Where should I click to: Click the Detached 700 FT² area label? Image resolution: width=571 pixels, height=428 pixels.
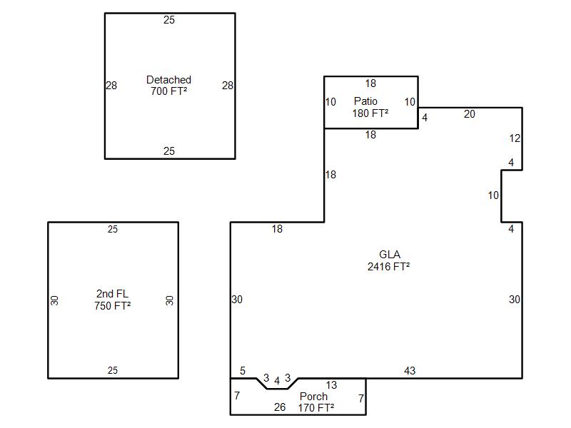click(x=168, y=86)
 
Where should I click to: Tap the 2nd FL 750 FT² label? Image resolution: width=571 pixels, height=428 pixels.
click(x=112, y=300)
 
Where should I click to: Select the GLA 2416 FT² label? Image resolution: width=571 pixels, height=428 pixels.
click(x=389, y=260)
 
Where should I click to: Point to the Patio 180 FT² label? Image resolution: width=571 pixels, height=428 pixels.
click(x=370, y=107)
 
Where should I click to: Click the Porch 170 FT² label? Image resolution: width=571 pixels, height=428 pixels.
click(x=315, y=402)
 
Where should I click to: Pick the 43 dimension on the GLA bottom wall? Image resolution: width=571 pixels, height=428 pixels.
click(x=410, y=371)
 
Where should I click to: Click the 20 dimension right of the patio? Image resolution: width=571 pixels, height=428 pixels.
click(x=470, y=114)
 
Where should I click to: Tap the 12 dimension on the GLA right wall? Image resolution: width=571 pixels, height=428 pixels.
click(x=515, y=138)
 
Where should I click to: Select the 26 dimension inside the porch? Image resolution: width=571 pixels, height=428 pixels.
click(x=280, y=407)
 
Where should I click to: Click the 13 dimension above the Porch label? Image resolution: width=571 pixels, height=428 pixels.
click(x=331, y=385)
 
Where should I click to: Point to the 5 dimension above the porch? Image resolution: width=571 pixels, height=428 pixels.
click(x=243, y=371)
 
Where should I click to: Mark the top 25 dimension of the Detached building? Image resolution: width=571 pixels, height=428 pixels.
click(x=169, y=20)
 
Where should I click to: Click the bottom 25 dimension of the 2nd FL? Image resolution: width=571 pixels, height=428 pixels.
click(x=113, y=370)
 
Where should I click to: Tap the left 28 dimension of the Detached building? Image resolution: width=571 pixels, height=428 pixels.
click(x=111, y=86)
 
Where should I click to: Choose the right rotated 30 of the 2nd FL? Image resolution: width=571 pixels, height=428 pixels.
click(x=169, y=300)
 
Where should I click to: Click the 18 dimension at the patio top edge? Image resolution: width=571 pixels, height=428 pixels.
click(x=370, y=83)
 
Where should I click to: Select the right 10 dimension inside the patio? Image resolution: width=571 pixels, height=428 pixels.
click(x=410, y=102)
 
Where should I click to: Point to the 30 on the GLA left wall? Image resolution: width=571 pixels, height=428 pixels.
click(x=237, y=300)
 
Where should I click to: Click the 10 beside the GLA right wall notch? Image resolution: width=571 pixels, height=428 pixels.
click(x=493, y=195)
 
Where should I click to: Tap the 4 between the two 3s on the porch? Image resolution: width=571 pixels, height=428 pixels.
click(x=277, y=381)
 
